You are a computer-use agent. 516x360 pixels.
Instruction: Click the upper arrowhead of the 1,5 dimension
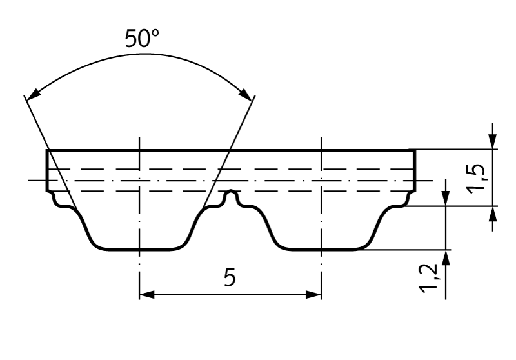pyautogui.click(x=493, y=143)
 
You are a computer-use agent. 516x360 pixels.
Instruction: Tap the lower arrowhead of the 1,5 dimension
pyautogui.click(x=493, y=212)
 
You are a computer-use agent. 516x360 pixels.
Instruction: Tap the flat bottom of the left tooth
pyautogui.click(x=139, y=249)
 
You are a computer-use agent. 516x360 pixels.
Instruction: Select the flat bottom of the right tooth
pyautogui.click(x=321, y=249)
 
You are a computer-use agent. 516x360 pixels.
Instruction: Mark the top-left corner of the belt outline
pyautogui.click(x=47, y=150)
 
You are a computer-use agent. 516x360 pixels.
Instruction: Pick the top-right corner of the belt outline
pyautogui.click(x=415, y=150)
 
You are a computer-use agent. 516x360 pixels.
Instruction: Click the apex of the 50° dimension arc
pyautogui.click(x=140, y=54)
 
